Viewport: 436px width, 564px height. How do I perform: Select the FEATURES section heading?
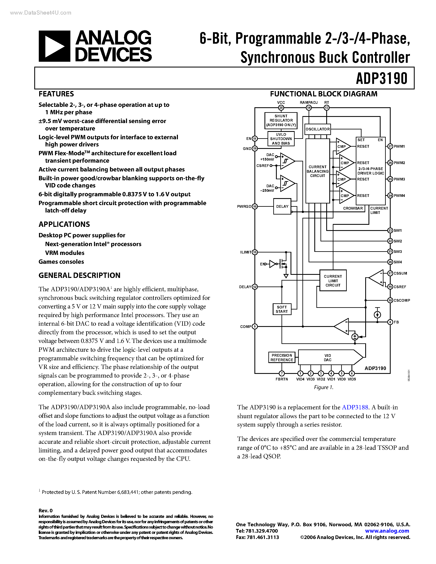tap(56, 94)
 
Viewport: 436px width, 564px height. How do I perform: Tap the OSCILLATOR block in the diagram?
tap(317, 129)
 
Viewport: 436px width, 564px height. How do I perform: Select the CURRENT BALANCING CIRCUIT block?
tap(317, 171)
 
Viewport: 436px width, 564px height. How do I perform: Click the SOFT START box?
tap(282, 309)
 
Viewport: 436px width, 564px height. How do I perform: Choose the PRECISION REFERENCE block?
tap(282, 358)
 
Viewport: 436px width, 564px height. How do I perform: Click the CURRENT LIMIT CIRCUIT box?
tap(333, 281)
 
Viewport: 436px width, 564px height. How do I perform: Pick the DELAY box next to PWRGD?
tap(282, 207)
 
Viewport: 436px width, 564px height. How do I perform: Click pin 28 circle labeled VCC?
tap(281, 108)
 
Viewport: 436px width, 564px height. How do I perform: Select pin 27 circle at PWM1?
tap(390, 146)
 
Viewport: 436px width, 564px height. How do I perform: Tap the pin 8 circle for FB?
tap(390, 322)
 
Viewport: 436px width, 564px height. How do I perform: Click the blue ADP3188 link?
tap(355, 408)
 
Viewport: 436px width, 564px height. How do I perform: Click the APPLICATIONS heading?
tap(64, 224)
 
